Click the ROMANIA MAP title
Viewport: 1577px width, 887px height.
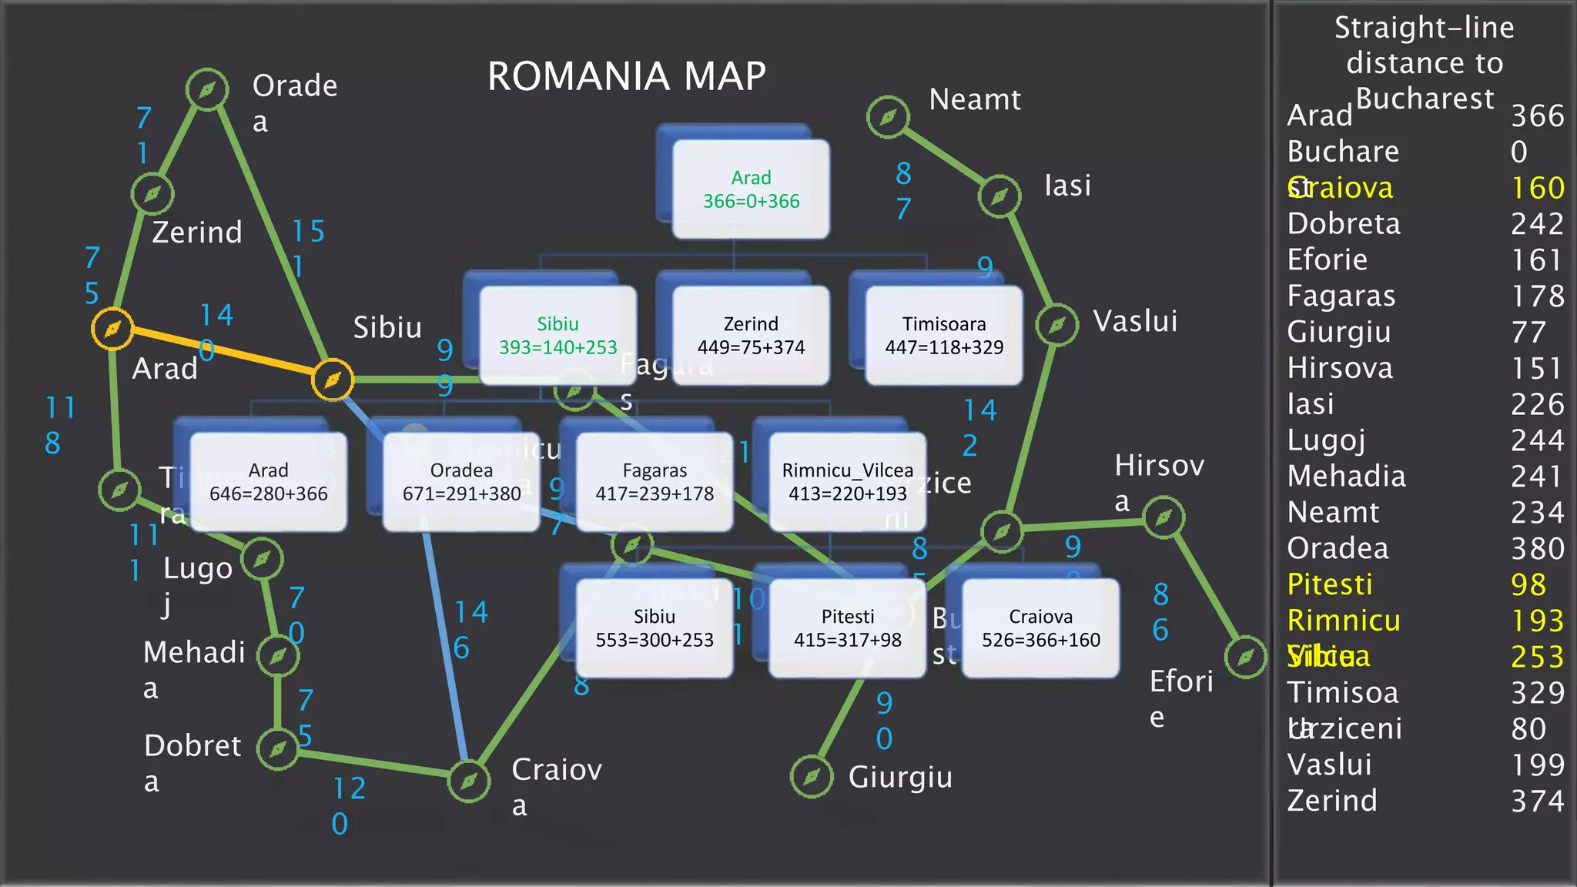click(627, 76)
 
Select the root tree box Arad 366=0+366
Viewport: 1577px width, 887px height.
click(751, 189)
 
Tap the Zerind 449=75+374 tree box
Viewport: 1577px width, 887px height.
click(751, 335)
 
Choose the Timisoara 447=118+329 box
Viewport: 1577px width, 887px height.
click(944, 335)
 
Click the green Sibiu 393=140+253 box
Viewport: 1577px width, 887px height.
click(557, 335)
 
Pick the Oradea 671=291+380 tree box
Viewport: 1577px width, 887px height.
click(461, 481)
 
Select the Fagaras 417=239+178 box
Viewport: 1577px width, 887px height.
click(655, 481)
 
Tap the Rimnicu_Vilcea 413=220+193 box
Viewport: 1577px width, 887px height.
click(847, 481)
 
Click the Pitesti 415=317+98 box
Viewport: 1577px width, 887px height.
click(847, 628)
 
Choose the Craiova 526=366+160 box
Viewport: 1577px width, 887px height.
click(1040, 628)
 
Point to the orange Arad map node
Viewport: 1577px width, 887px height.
click(112, 329)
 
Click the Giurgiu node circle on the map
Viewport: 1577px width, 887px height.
click(812, 777)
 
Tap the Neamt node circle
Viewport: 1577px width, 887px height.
click(888, 117)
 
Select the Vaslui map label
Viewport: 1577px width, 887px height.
click(1135, 321)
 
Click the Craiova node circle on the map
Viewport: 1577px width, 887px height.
click(469, 782)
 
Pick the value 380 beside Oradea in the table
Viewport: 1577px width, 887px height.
click(1537, 548)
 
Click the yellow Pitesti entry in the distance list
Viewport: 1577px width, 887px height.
click(1330, 584)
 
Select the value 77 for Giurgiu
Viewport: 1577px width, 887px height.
click(1528, 332)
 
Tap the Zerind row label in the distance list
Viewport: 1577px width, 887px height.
click(1332, 801)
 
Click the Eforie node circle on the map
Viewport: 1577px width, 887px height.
click(1245, 657)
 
